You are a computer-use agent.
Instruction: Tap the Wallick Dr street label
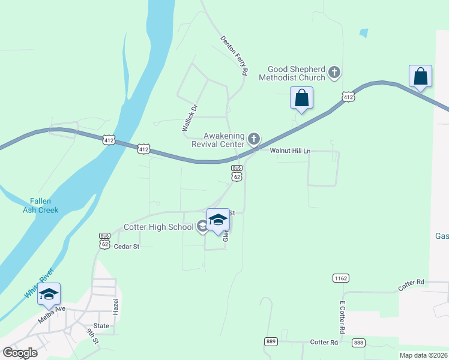190,118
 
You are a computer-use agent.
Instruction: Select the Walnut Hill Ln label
290,151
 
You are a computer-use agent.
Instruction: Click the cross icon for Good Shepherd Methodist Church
334,73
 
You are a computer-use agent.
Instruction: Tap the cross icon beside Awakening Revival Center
254,140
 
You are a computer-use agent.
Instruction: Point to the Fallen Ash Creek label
41,206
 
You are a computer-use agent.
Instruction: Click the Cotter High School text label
158,227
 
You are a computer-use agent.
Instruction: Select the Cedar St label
126,247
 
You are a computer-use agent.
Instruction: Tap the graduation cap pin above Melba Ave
49,293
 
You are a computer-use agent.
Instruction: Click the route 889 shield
271,341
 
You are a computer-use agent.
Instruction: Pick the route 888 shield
358,342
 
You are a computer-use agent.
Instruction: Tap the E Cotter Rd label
342,317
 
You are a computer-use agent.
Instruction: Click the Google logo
20,353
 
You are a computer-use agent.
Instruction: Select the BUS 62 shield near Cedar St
105,241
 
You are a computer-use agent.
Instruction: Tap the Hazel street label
116,307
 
